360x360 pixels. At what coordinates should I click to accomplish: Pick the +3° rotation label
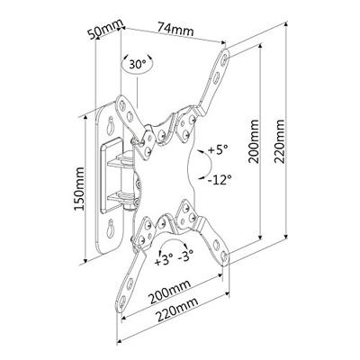pyautogui.click(x=163, y=262)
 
